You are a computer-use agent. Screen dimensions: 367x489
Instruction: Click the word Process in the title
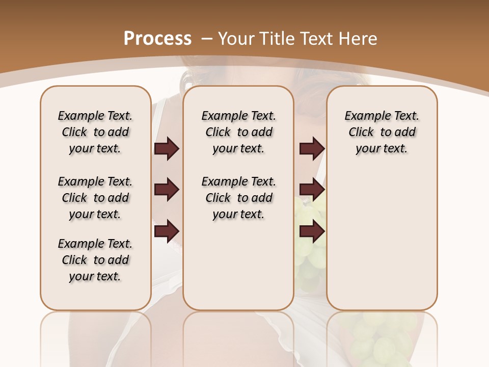(158, 38)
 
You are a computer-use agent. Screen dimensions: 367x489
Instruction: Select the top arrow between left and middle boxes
(167, 148)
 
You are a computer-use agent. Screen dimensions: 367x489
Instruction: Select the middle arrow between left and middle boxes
(167, 190)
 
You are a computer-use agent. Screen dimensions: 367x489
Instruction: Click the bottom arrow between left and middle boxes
(167, 232)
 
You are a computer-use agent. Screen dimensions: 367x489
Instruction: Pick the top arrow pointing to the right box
(312, 148)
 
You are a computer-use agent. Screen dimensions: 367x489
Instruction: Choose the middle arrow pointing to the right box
(312, 190)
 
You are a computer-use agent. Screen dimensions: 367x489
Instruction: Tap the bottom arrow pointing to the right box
(312, 232)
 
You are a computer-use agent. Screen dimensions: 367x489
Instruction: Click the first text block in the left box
(95, 132)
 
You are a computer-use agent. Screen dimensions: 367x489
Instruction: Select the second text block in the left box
(95, 198)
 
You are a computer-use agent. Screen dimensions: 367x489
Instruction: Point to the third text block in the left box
(95, 260)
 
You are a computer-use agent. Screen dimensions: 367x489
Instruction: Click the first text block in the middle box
(238, 132)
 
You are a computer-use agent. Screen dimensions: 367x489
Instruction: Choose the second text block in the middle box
(238, 198)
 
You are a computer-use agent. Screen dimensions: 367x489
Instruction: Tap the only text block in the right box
(382, 132)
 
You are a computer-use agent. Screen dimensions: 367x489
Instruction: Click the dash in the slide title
(207, 38)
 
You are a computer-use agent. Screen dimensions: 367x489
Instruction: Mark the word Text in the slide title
(314, 38)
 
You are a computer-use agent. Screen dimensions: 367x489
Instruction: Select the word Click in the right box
(361, 132)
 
